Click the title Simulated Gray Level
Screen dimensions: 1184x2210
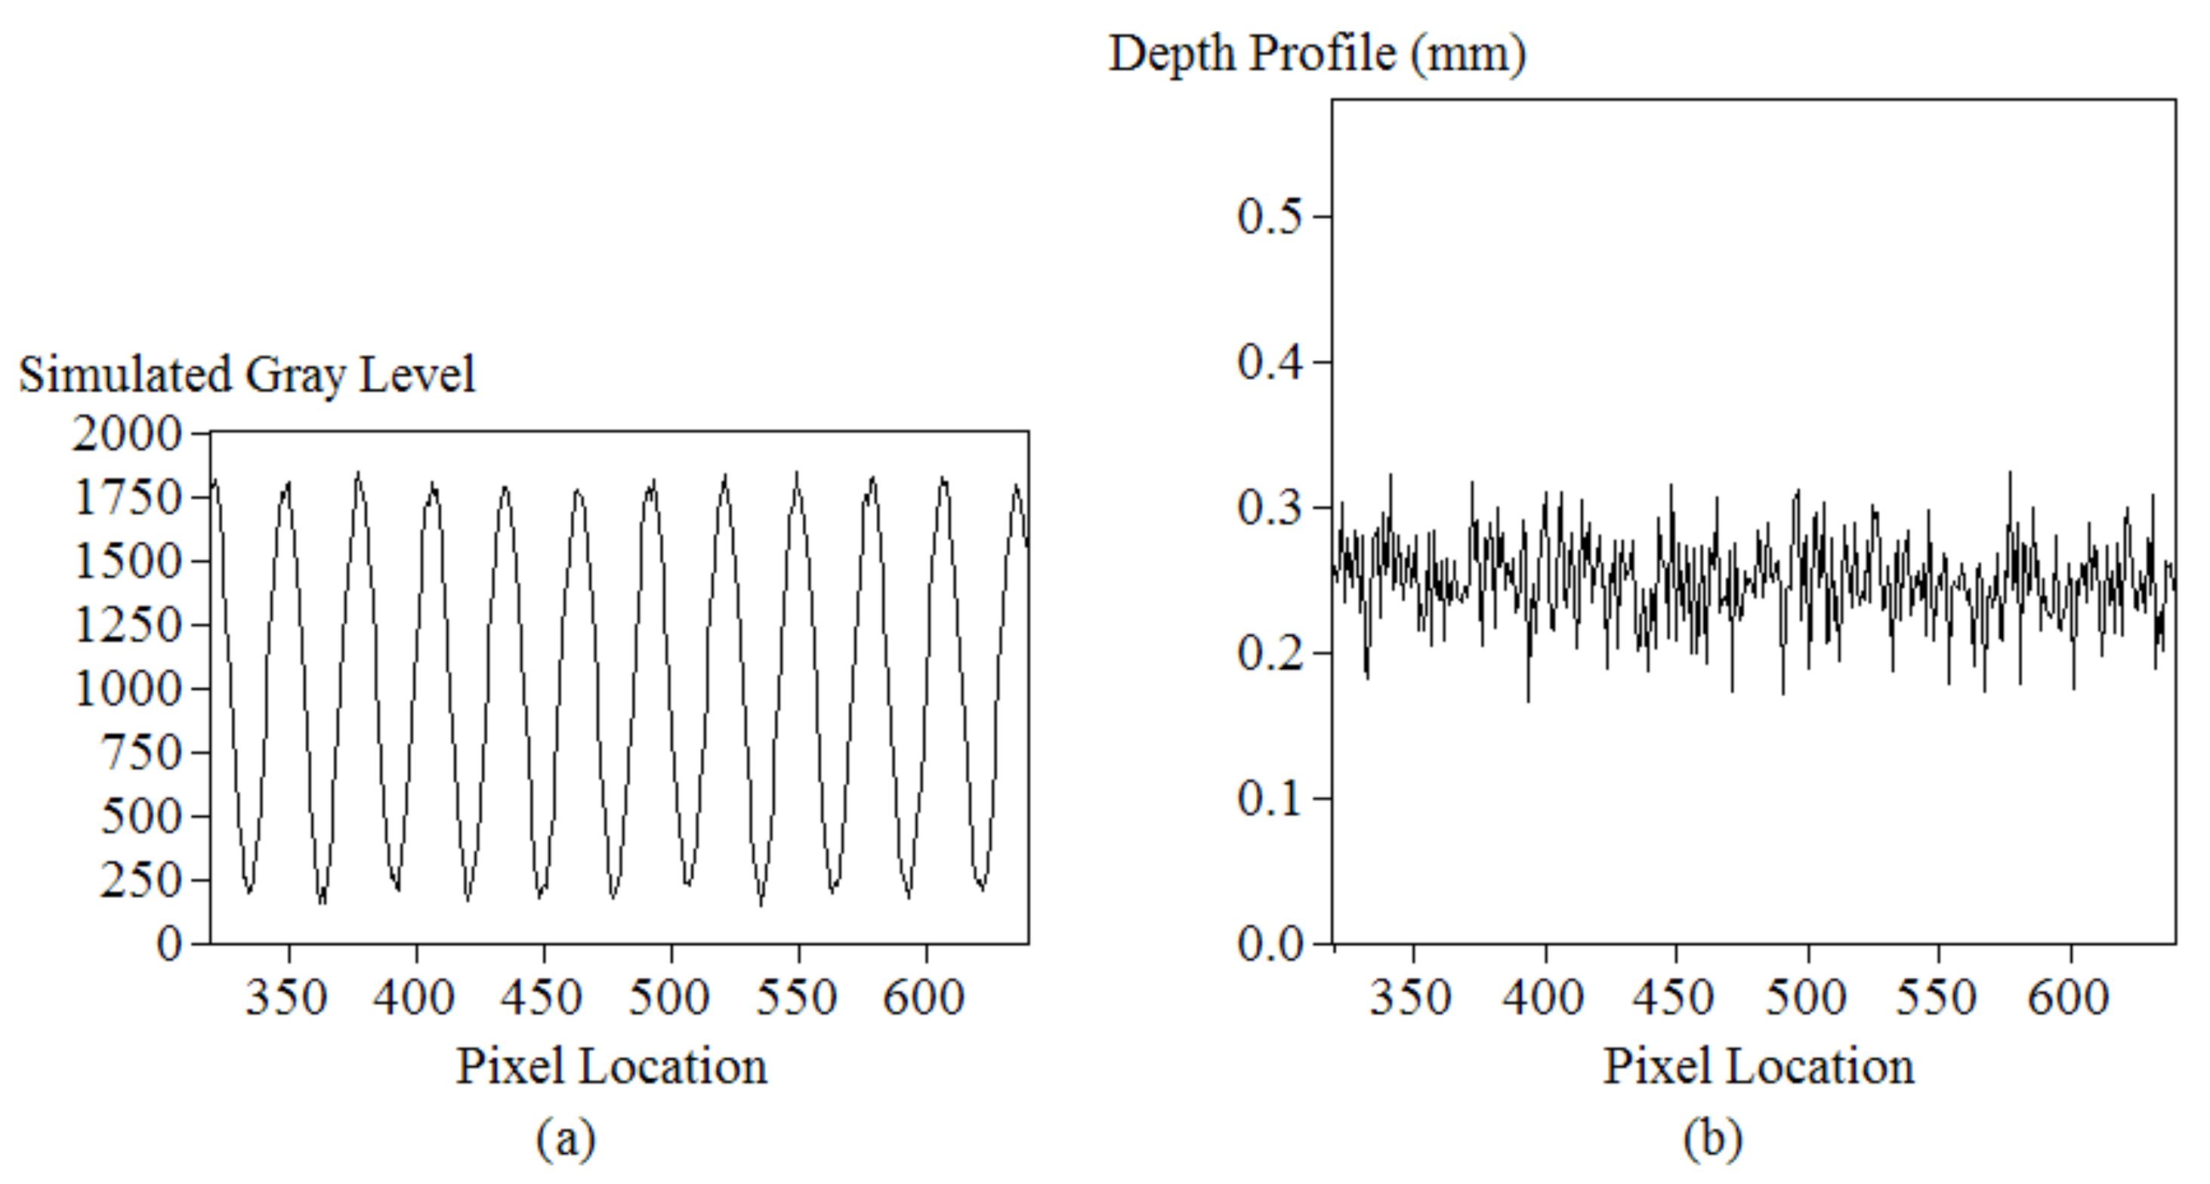247,375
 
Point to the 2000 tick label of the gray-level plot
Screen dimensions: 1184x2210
127,433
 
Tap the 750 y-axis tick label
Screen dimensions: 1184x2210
141,752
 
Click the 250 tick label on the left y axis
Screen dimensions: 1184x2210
141,880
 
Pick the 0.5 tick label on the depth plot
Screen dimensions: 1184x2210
1270,215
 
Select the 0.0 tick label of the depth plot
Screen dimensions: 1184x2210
1270,944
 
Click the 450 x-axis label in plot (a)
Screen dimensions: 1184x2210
542,997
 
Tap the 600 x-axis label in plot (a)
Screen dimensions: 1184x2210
924,997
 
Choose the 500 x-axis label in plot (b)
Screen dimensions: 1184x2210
1806,997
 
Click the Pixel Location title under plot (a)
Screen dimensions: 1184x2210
611,1066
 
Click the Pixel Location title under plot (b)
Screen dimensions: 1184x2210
1759,1066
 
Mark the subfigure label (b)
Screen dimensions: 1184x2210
1712,1139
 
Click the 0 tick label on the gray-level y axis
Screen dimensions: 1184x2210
170,944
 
